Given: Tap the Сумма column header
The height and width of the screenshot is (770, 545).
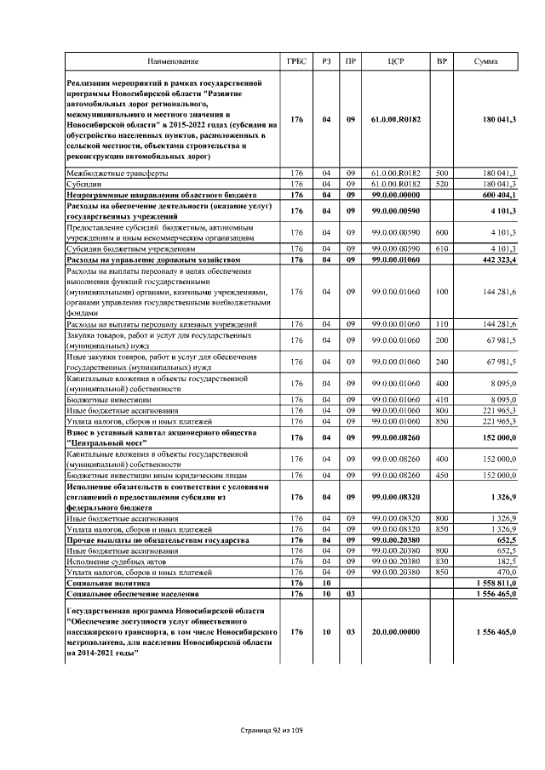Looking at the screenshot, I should click(x=486, y=62).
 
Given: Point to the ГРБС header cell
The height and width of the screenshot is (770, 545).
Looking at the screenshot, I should click(x=296, y=62).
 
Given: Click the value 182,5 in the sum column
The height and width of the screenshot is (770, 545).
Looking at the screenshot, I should click(x=503, y=562).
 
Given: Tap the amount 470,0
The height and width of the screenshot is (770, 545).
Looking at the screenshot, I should click(x=503, y=573).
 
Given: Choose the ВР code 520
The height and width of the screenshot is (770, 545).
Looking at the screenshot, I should click(x=442, y=183).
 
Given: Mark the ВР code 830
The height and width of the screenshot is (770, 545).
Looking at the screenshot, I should click(x=442, y=562).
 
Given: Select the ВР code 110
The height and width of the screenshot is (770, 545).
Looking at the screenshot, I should click(x=442, y=324).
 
